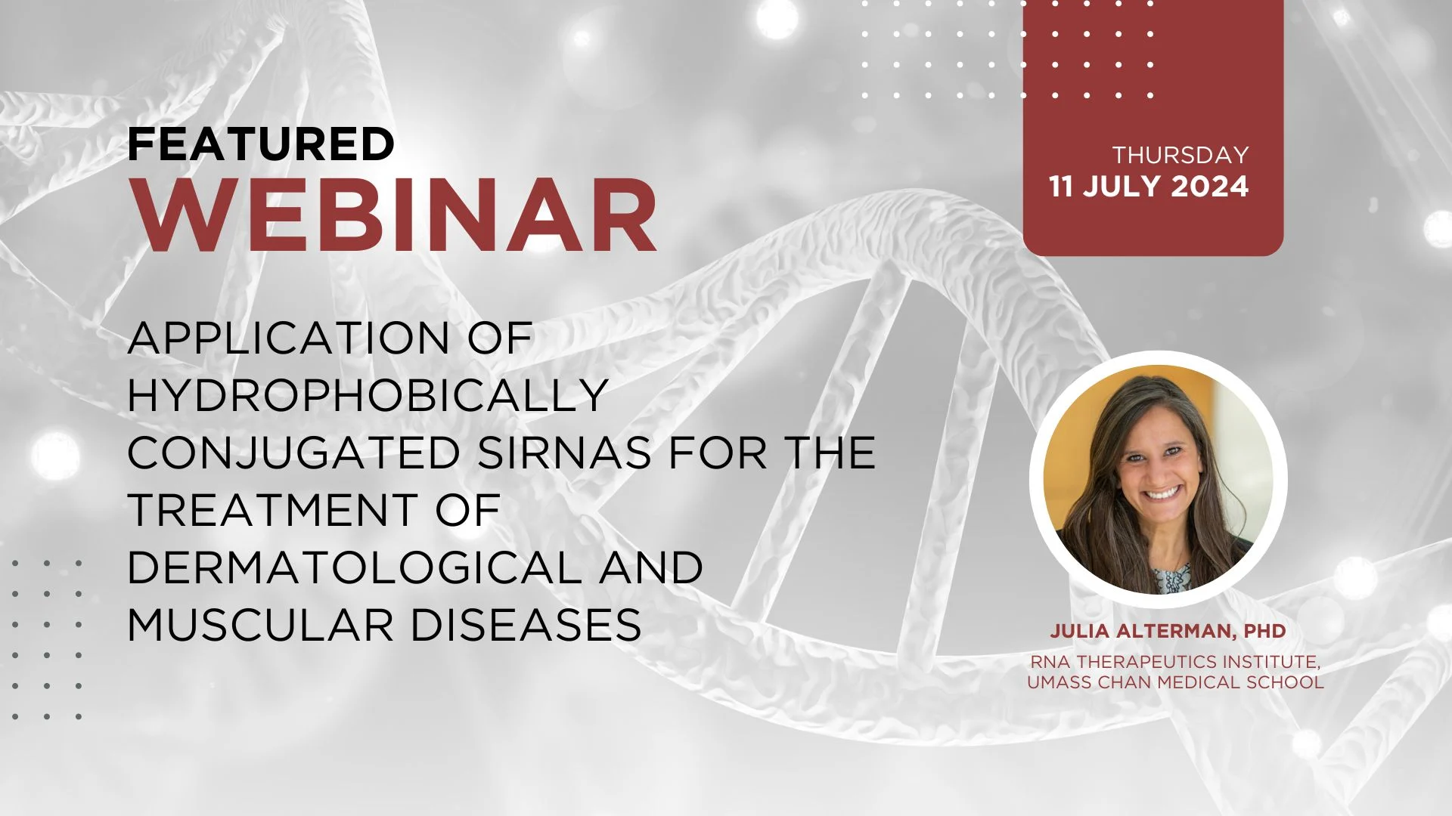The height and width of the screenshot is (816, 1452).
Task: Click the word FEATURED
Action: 261,144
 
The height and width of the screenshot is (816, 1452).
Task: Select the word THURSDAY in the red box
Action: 1180,155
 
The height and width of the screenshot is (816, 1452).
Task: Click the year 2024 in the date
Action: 1210,187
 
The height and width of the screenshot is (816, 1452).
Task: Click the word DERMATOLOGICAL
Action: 355,567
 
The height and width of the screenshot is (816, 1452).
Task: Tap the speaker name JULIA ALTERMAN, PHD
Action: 1168,631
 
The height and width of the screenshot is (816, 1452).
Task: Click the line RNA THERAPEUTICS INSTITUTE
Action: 1175,662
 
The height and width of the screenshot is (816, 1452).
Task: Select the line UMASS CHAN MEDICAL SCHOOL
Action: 1175,682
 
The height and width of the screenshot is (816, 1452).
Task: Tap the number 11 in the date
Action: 1061,187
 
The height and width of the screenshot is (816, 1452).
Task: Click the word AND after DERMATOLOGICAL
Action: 651,567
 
